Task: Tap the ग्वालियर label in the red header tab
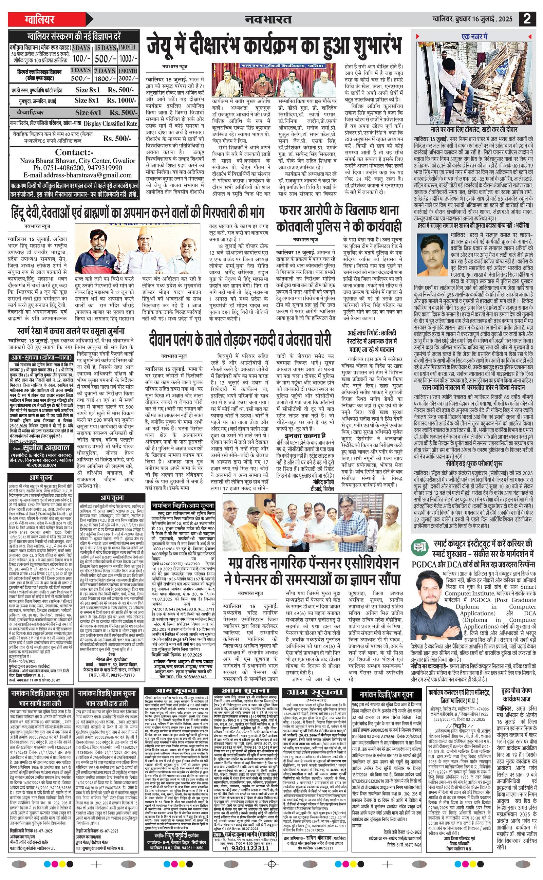click(x=39, y=19)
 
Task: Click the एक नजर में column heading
click(x=474, y=37)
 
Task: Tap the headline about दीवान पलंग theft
click(x=240, y=340)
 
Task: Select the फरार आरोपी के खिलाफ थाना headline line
click(x=339, y=210)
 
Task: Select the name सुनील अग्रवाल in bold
click(x=47, y=448)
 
